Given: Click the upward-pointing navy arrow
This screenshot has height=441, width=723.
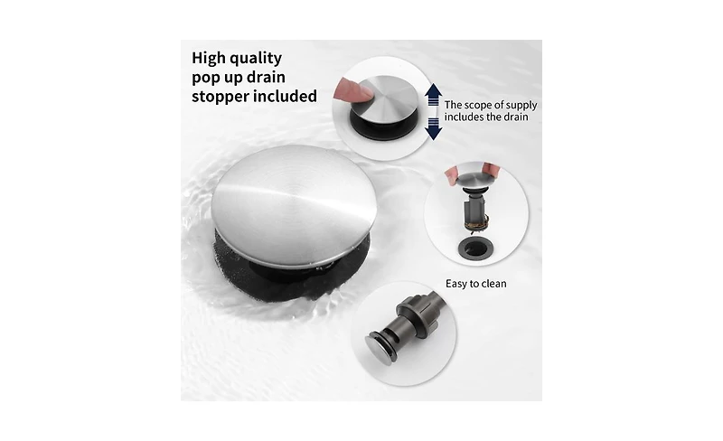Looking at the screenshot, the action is point(434,95).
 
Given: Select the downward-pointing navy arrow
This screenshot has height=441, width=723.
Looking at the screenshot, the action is point(434,128).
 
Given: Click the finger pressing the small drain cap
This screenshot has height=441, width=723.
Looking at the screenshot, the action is point(352,89).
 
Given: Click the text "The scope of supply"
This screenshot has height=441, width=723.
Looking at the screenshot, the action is point(491,105).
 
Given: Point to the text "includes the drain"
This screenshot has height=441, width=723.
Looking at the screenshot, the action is point(486,117).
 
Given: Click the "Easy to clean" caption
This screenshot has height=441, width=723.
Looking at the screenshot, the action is point(476,284).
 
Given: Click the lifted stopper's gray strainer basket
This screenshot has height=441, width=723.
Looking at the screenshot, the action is point(475,210).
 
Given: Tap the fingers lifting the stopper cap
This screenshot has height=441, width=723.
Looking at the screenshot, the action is point(471,174).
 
